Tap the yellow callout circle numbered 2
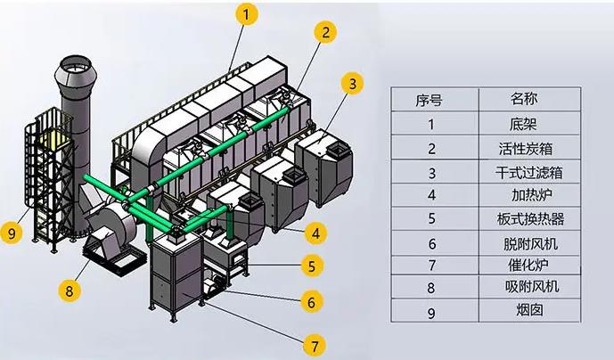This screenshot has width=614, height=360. click(x=326, y=31)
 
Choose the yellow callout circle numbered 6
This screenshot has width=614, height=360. click(x=309, y=301)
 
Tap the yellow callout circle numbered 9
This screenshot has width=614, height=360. click(x=12, y=233)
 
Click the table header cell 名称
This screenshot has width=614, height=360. click(x=523, y=98)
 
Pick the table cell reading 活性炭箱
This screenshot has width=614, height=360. click(x=523, y=148)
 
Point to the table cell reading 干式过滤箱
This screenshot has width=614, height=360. click(x=523, y=172)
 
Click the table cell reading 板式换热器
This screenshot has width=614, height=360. click(x=523, y=218)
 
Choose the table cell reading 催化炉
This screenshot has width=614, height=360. click(x=523, y=265)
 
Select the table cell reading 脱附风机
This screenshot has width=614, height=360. click(x=523, y=242)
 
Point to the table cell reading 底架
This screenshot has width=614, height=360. click(x=523, y=125)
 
